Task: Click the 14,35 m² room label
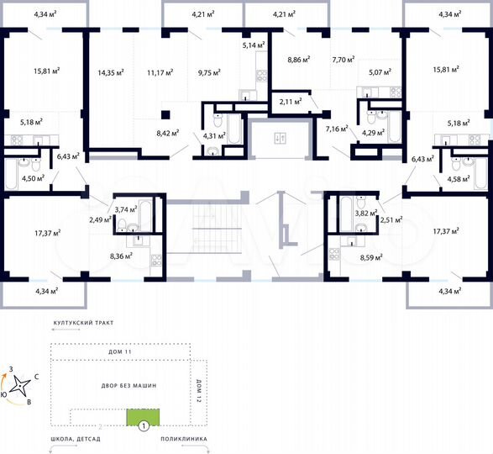(110, 72)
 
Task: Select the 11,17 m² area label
(159, 72)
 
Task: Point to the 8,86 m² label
(299, 59)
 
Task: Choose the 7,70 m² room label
(344, 60)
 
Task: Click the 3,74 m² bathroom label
(125, 209)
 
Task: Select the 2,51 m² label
(391, 220)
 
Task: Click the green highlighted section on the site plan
(136, 416)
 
